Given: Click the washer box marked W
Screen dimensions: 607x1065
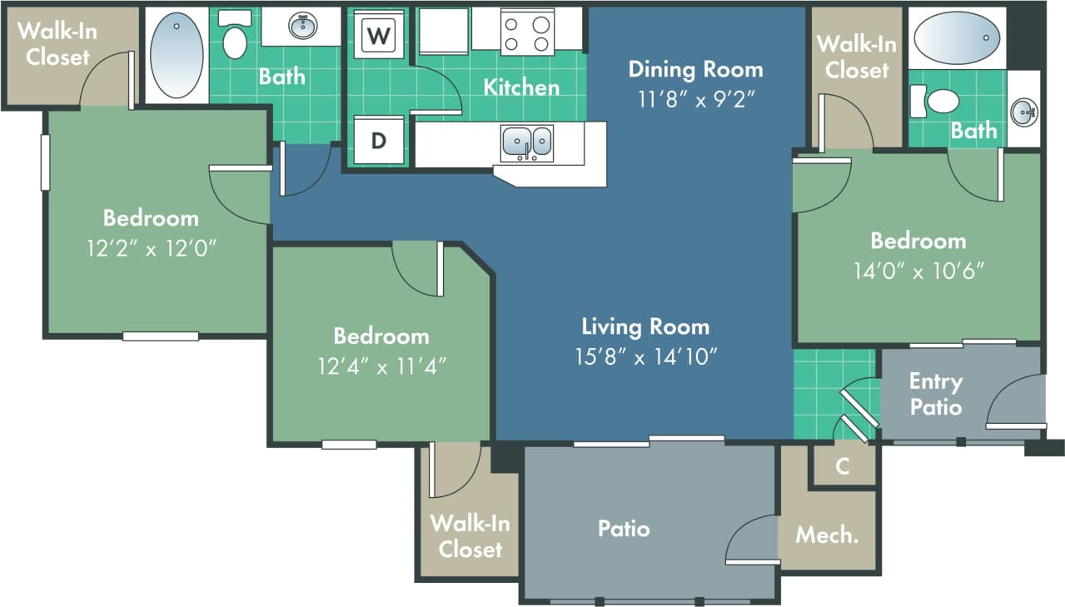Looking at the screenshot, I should click(379, 35).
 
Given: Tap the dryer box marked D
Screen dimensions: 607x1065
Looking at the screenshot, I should click(379, 141).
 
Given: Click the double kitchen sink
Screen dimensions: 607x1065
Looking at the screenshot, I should click(526, 142).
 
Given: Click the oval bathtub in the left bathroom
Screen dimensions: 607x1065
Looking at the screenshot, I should click(177, 56).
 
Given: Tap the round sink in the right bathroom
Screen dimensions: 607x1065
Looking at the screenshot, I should click(1024, 112).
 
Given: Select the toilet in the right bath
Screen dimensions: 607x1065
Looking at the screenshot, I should click(938, 102).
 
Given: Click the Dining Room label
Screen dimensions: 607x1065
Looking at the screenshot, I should click(695, 68).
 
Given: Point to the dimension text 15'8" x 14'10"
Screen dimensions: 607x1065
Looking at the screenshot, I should click(646, 356).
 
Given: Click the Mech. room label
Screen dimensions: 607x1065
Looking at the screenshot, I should click(827, 535).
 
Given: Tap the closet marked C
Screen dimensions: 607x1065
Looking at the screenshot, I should click(843, 466).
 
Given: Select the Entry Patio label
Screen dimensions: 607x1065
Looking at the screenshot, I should click(935, 394).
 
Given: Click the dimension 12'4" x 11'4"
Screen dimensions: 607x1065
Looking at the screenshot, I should click(381, 366).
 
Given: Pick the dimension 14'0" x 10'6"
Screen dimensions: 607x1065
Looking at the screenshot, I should click(918, 271).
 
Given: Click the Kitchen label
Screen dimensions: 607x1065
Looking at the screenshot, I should click(521, 87).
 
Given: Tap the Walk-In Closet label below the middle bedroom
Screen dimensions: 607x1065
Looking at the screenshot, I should click(470, 536).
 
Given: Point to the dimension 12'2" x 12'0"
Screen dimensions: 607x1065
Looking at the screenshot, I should click(151, 248).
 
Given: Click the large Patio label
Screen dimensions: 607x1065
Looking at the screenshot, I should click(624, 528).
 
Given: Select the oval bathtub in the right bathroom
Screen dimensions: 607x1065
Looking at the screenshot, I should click(956, 37).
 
